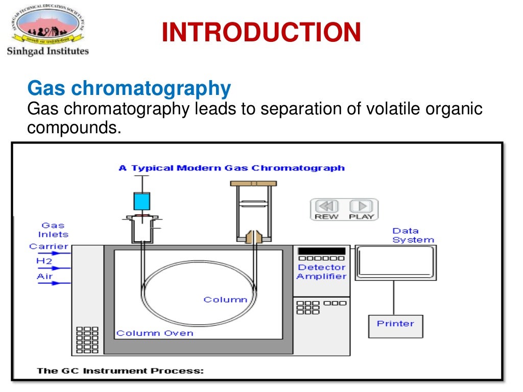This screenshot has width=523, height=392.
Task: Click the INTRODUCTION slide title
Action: pyautogui.click(x=261, y=33)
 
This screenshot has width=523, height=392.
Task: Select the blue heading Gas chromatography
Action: pyautogui.click(x=129, y=89)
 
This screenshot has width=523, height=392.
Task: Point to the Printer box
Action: pyautogui.click(x=395, y=326)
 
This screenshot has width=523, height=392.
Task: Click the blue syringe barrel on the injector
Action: pyautogui.click(x=141, y=201)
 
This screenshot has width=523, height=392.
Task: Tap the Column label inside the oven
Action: pyautogui.click(x=225, y=300)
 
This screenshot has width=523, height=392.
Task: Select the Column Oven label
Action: pyautogui.click(x=155, y=333)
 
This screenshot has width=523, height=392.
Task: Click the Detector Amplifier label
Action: pyautogui.click(x=321, y=272)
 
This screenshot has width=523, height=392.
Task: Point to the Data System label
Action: pyautogui.click(x=413, y=235)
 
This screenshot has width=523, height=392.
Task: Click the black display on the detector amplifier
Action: pyautogui.click(x=321, y=251)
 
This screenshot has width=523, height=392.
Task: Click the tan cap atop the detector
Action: pyautogui.click(x=253, y=183)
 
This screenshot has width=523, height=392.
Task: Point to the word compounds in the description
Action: pyautogui.click(x=74, y=128)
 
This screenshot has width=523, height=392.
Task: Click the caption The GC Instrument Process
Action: pyautogui.click(x=120, y=371)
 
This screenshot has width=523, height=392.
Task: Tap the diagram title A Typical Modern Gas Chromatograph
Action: pyautogui.click(x=231, y=168)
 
